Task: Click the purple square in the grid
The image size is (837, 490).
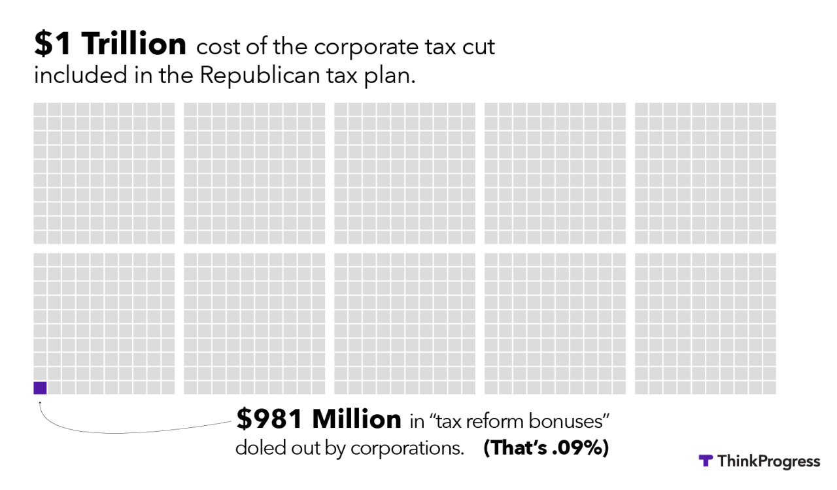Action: pyautogui.click(x=40, y=388)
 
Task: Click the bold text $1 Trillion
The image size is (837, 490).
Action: pyautogui.click(x=110, y=45)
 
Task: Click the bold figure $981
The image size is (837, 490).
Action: pyautogui.click(x=271, y=419)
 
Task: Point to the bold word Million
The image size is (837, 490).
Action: pyautogui.click(x=356, y=419)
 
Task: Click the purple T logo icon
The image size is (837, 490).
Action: pyautogui.click(x=705, y=461)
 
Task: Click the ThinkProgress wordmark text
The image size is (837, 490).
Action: pyautogui.click(x=768, y=461)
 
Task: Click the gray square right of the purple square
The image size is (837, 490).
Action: pyautogui.click(x=54, y=388)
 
